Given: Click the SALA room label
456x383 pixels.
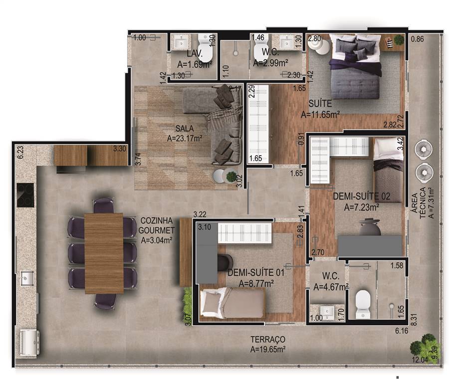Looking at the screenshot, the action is (185, 128).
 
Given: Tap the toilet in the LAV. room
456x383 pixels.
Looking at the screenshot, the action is (206, 48).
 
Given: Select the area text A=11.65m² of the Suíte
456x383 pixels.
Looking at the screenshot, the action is (320, 115).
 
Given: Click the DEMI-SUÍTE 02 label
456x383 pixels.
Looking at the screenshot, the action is (362, 196).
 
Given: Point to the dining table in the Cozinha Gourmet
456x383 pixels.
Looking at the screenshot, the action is (104, 253).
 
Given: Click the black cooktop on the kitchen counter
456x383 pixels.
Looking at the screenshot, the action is (25, 195).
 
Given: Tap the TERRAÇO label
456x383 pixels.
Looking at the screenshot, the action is (268, 340).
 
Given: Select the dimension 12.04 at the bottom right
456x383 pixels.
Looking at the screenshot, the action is (420, 360).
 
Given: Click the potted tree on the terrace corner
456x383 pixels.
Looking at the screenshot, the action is (425, 347).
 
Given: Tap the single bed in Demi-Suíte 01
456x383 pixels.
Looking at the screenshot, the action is (232, 303).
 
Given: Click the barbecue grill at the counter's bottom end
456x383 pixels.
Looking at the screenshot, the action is (29, 343).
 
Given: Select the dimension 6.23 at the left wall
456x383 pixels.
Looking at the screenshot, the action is (20, 152).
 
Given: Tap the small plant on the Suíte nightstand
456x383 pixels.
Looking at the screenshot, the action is (399, 40).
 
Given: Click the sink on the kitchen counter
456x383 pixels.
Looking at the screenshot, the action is (27, 278).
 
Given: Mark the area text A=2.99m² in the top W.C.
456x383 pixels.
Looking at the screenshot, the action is (270, 63).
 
